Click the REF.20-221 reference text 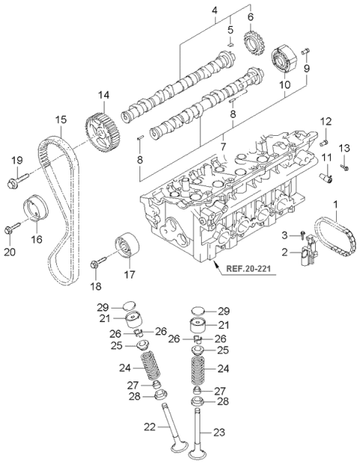[248, 269]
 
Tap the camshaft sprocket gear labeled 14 [103, 133]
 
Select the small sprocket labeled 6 [254, 44]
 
